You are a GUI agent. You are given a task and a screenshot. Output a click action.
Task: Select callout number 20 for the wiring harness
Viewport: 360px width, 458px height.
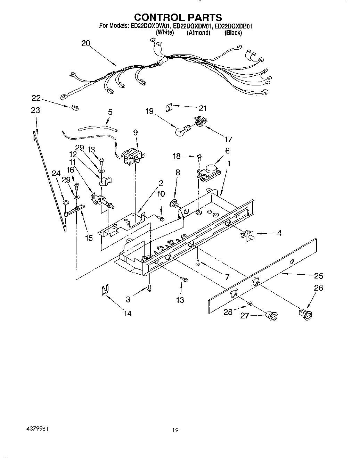[x=85, y=44]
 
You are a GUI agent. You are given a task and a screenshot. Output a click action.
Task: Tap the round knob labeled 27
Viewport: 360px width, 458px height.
[x=271, y=315]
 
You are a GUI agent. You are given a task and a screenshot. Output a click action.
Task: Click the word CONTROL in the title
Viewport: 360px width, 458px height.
[x=158, y=17]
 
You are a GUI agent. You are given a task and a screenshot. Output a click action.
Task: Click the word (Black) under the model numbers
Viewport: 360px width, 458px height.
[x=233, y=33]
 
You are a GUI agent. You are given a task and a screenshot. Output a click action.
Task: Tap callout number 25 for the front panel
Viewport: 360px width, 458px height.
[x=318, y=276]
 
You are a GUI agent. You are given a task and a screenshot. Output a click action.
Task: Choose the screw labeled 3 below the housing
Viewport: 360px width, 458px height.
[x=150, y=287]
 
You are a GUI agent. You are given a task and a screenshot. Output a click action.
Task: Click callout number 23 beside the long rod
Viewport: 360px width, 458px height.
[x=35, y=110]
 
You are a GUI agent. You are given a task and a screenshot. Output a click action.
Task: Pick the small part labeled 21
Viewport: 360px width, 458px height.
[x=168, y=108]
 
